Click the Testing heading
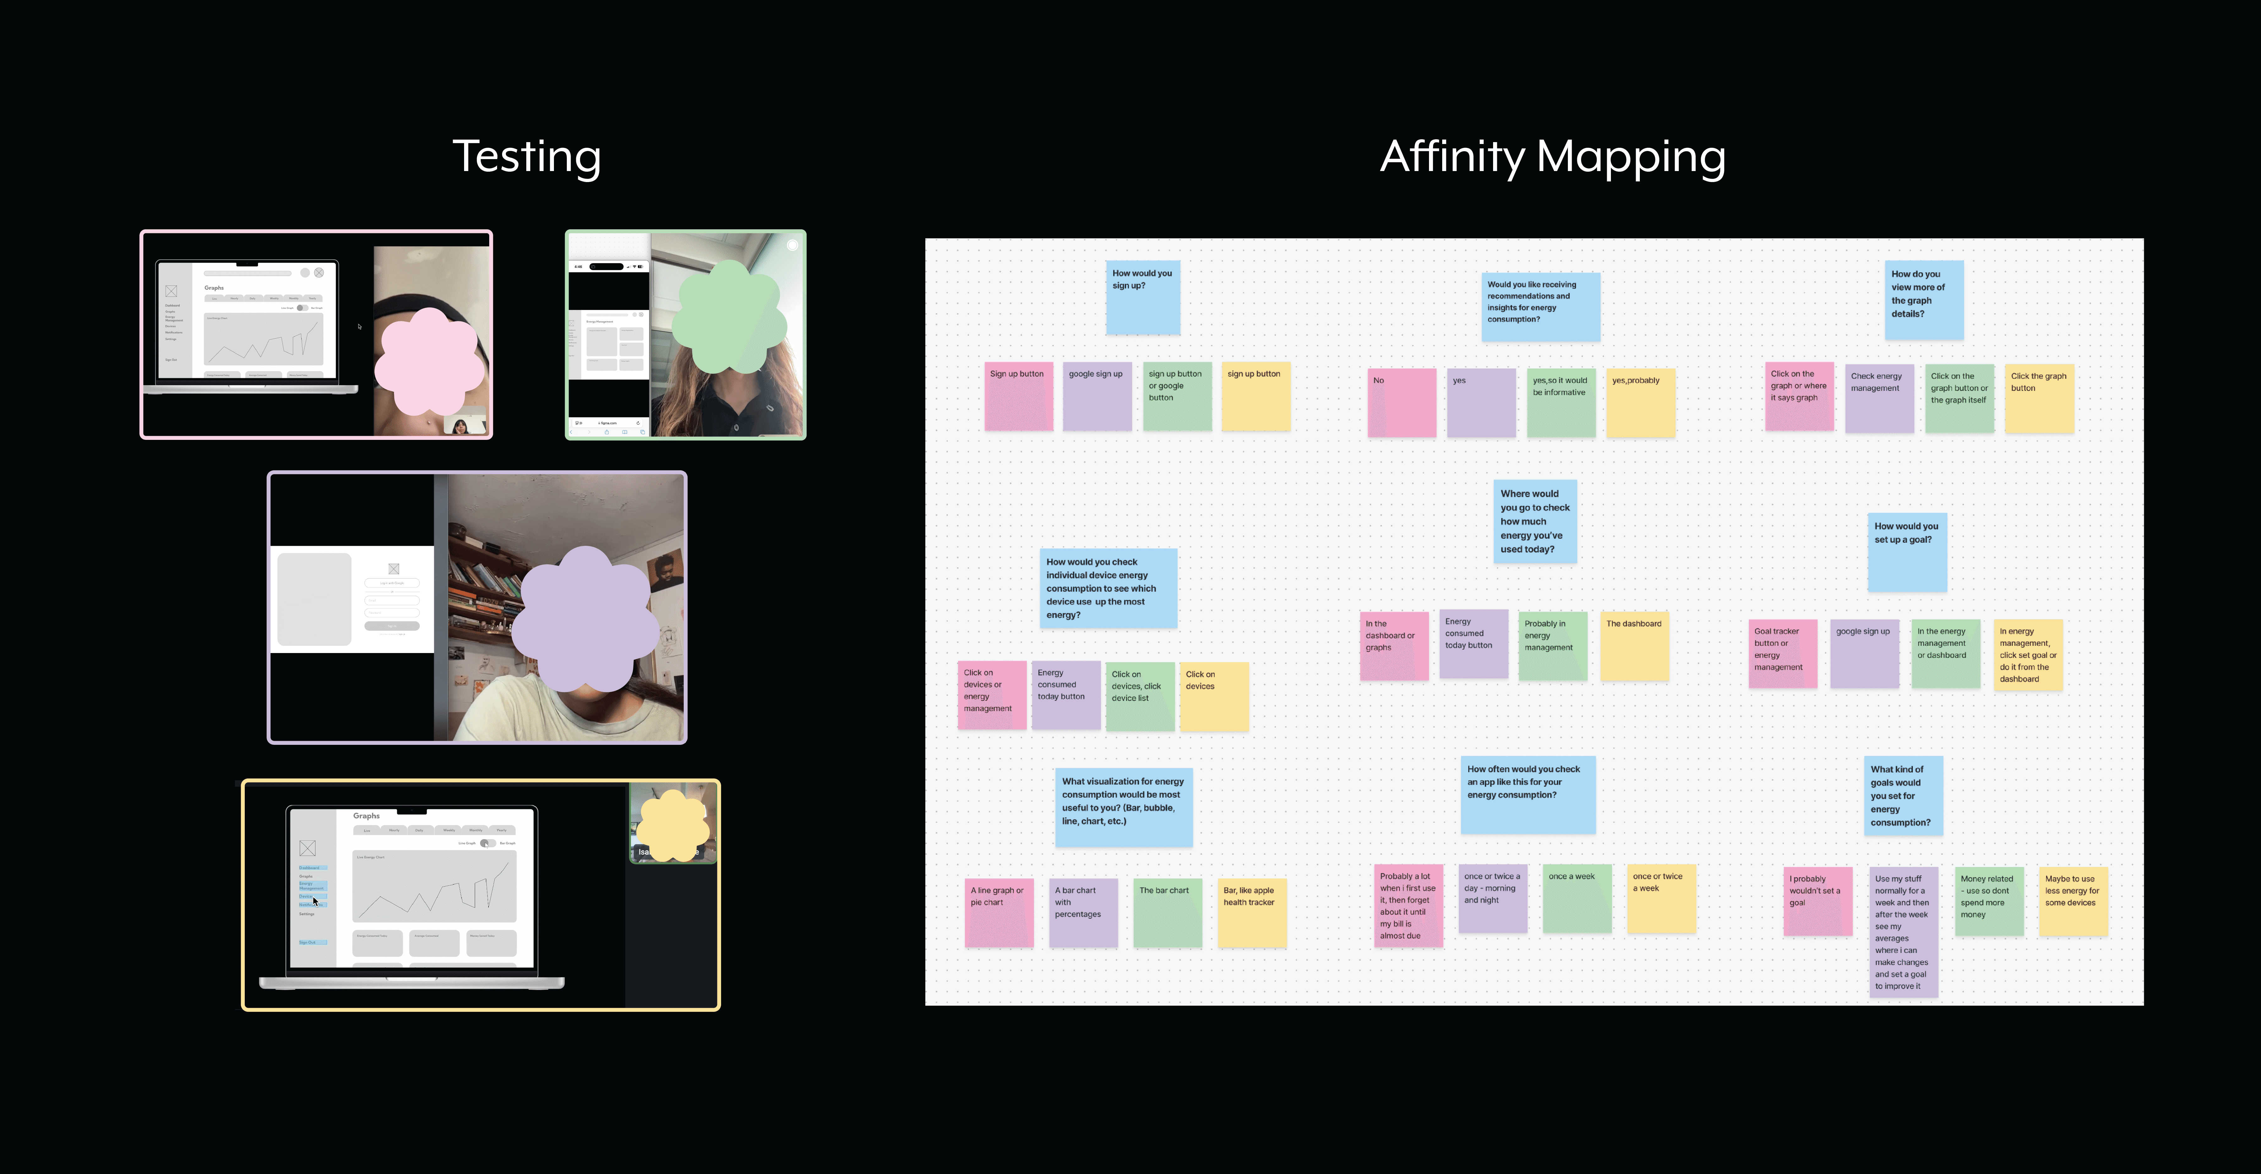(527, 157)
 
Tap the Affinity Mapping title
(1552, 157)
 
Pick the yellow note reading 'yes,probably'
(1640, 402)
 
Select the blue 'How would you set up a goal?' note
(1906, 551)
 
